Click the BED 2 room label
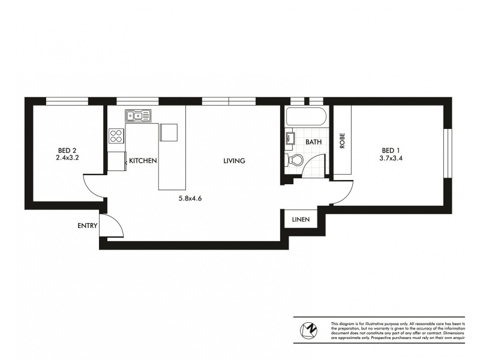[x=67, y=151]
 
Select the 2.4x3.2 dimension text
[x=67, y=160]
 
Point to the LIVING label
[x=235, y=161]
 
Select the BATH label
[x=314, y=142]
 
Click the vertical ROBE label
[x=343, y=140]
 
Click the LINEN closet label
[x=301, y=220]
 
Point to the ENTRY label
[x=88, y=226]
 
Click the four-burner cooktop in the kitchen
[x=116, y=136]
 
